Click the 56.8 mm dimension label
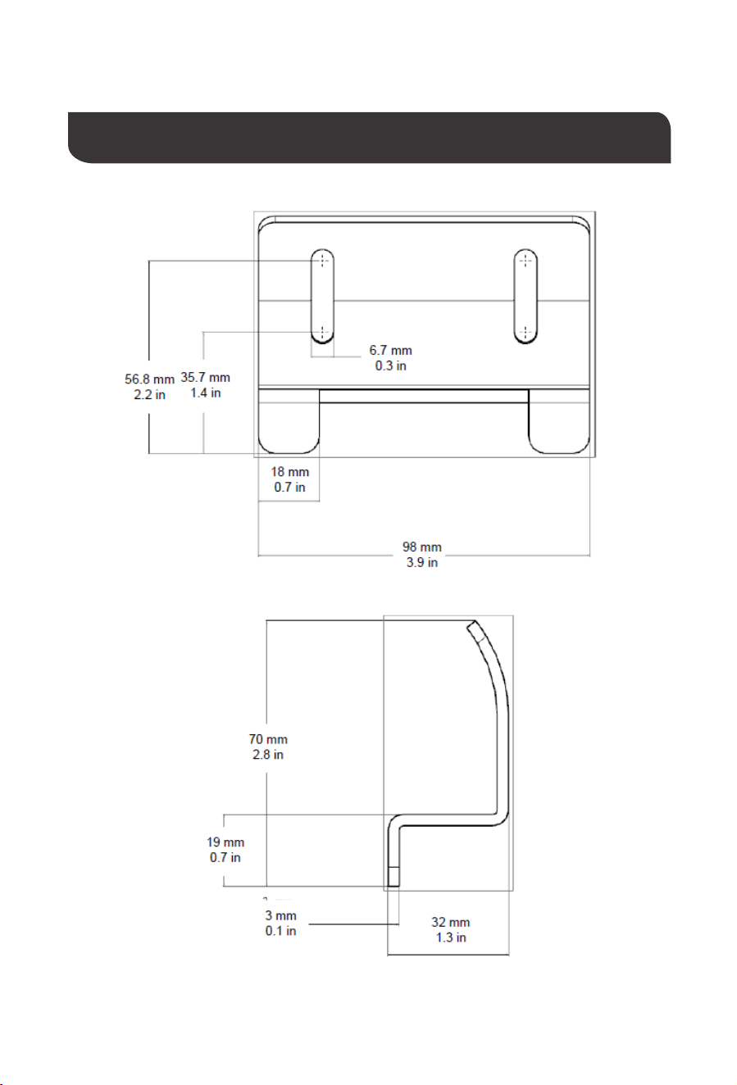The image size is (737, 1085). (x=149, y=387)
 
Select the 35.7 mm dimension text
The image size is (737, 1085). (x=206, y=385)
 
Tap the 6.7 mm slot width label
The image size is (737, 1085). (x=390, y=358)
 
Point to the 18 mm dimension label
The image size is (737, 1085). (x=289, y=479)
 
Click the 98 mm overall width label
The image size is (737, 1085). (x=422, y=555)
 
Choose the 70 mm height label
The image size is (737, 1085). (x=268, y=747)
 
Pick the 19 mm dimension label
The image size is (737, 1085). (x=225, y=850)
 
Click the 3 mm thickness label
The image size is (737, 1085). (x=280, y=923)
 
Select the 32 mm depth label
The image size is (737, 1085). (x=451, y=929)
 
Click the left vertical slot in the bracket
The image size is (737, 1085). (x=322, y=297)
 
